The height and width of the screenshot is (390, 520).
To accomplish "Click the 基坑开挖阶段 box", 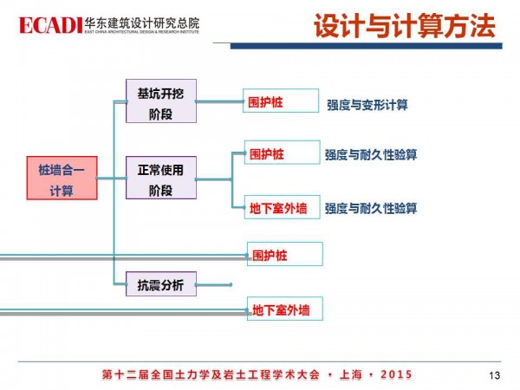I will click(160, 102).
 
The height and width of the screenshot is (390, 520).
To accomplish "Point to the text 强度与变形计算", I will click(367, 105).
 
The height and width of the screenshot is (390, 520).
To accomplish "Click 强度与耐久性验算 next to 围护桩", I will click(371, 155).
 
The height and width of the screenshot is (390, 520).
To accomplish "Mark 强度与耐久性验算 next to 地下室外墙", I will click(371, 209).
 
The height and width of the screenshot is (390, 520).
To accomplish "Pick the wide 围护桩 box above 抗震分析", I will click(284, 254).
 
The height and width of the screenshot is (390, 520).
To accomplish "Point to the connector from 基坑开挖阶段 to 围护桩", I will click(218, 101).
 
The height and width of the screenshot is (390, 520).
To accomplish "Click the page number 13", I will click(495, 375).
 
